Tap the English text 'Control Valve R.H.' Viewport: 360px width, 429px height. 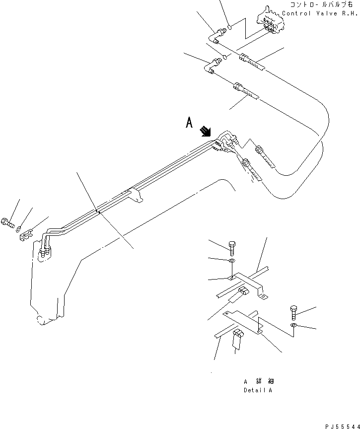(320, 13)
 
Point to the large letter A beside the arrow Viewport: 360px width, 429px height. (189, 123)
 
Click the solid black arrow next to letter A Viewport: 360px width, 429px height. (205, 132)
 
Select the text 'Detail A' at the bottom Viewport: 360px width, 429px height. (258, 390)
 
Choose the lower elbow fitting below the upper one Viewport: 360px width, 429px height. (214, 65)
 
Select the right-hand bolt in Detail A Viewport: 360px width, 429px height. (292, 313)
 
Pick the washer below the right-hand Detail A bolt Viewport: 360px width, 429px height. (293, 325)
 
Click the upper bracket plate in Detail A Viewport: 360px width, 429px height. (248, 283)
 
